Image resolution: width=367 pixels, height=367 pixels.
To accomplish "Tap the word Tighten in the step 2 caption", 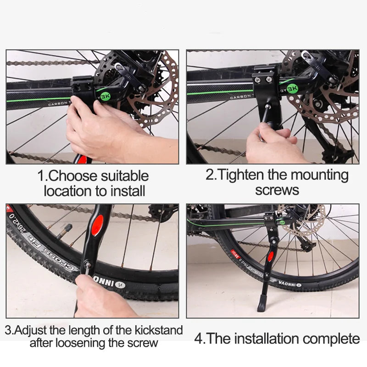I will click(x=239, y=175).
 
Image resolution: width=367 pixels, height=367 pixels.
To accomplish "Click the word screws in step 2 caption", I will click(x=277, y=189).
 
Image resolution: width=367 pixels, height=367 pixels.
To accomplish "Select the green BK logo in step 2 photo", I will click(x=291, y=86).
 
